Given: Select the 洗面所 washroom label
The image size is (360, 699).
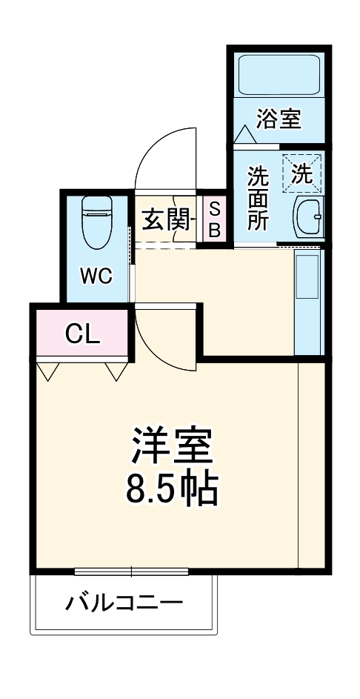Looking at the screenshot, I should (258, 198).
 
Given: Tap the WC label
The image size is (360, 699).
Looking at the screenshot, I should (96, 276).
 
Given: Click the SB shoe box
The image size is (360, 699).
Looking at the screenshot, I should (213, 220).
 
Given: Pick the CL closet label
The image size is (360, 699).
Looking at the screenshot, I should (81, 334).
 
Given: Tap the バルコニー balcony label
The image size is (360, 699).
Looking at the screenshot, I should (124, 603).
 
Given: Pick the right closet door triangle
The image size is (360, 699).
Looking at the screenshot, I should (117, 370).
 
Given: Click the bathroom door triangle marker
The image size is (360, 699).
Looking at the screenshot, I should (244, 136).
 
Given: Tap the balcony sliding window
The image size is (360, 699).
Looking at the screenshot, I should (132, 571).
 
